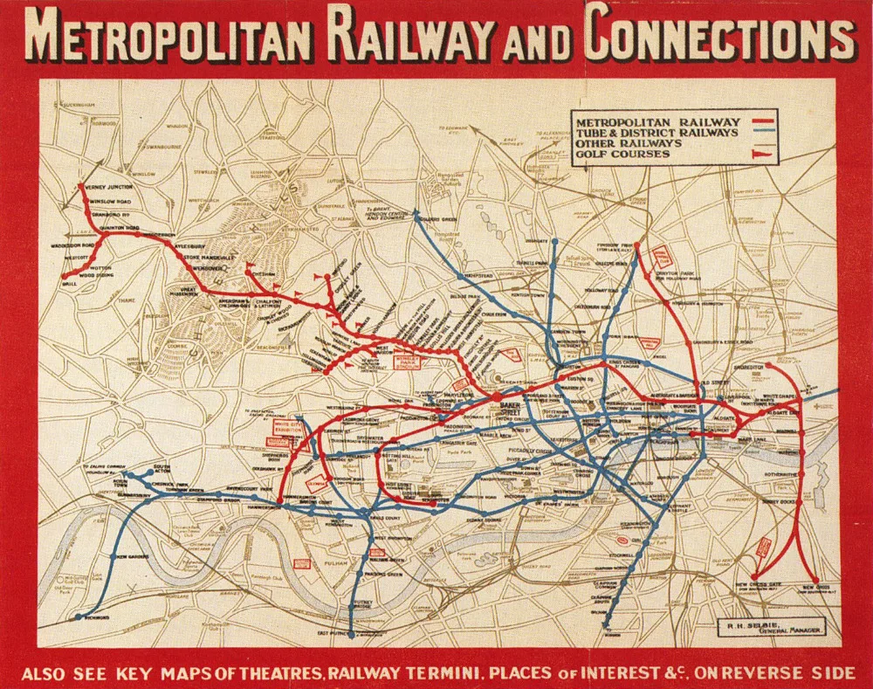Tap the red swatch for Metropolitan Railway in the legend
(765, 121)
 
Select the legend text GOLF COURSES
(622, 155)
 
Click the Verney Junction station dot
(82, 186)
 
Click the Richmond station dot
(79, 617)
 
